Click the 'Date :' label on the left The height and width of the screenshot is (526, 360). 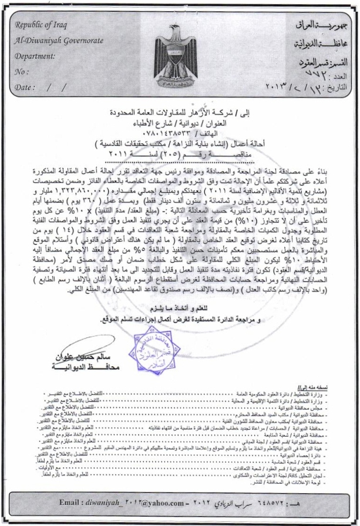point(26,87)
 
